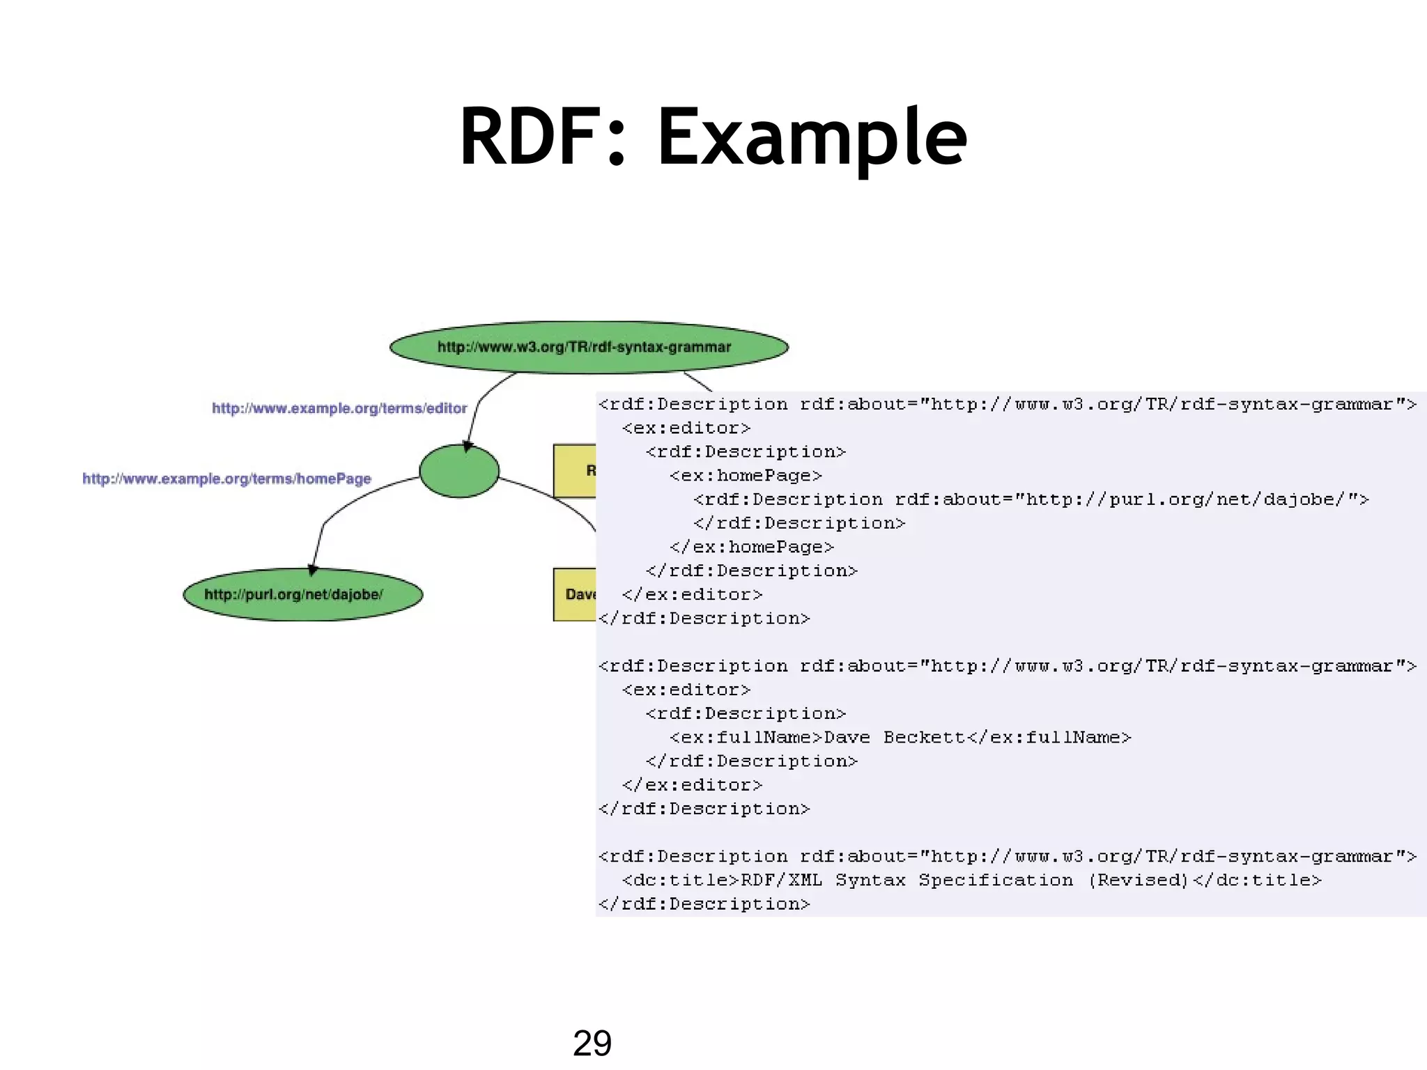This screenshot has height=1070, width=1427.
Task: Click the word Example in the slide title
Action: (812, 137)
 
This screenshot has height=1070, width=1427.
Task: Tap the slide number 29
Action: (592, 1043)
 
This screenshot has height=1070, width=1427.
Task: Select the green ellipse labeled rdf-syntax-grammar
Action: (589, 347)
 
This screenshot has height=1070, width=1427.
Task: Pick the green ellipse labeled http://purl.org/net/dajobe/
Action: (302, 594)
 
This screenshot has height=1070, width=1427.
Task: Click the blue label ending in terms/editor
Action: (339, 408)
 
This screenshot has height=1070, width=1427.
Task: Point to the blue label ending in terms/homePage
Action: (226, 479)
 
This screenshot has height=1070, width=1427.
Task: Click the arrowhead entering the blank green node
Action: (468, 446)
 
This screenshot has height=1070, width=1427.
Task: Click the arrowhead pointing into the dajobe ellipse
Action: (313, 570)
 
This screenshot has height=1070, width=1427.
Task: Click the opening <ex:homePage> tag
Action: (746, 476)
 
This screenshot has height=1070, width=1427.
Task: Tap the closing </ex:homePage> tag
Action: (751, 547)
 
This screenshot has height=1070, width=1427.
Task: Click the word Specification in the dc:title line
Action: (996, 881)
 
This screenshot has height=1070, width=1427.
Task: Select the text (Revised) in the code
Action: (1139, 881)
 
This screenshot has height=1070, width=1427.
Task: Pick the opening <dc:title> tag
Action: (680, 881)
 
